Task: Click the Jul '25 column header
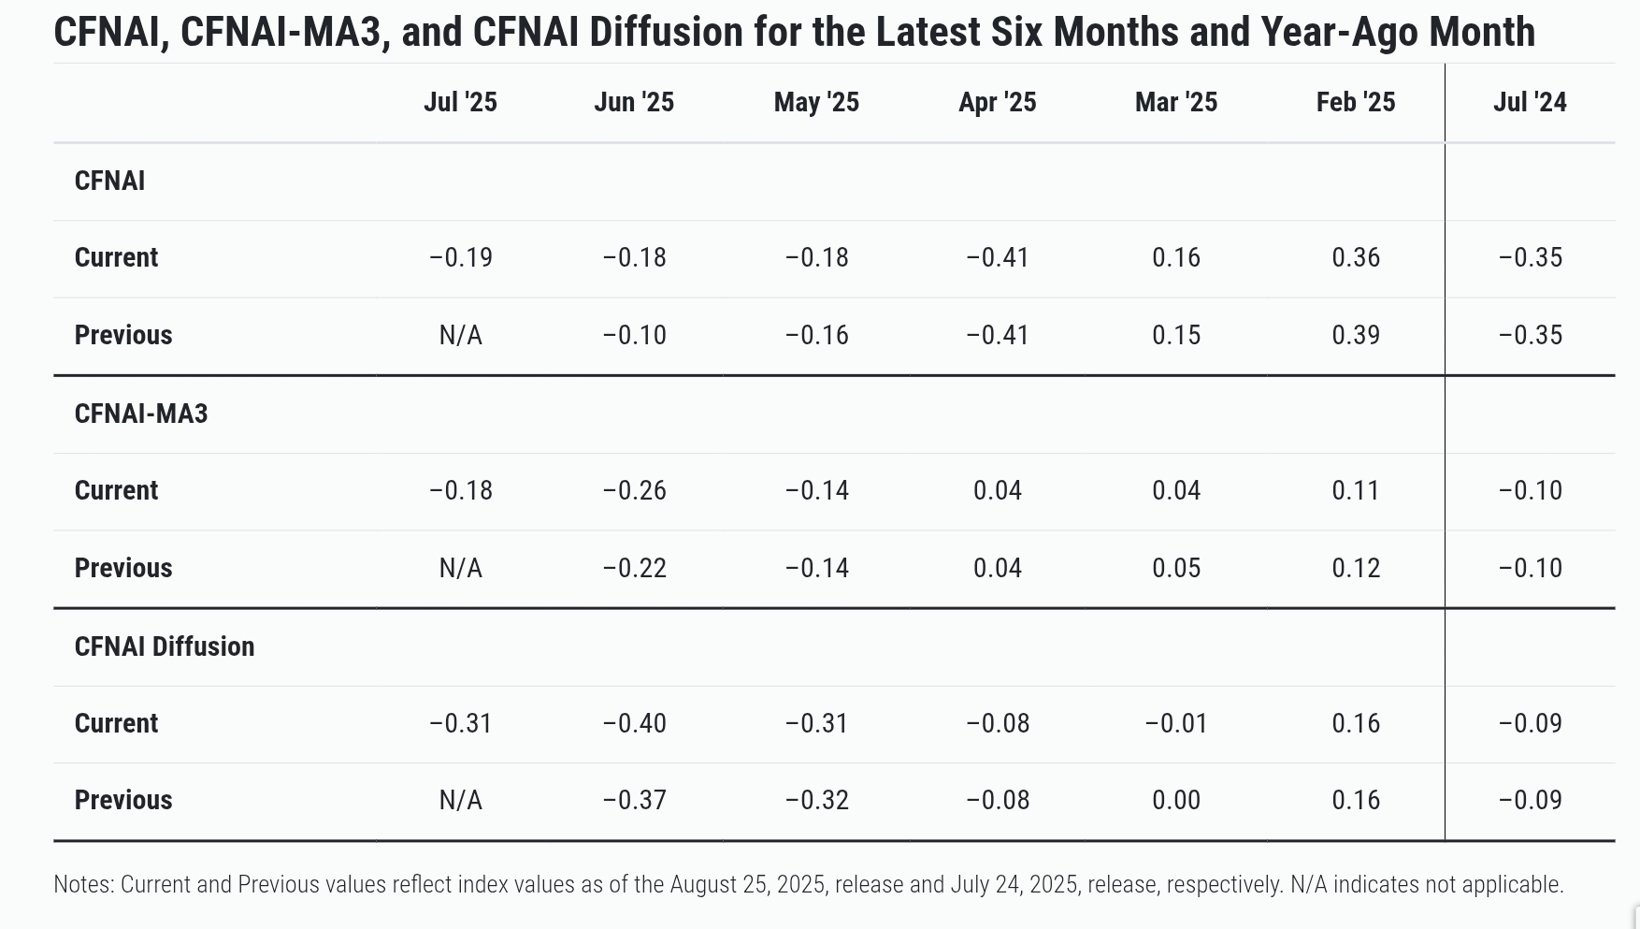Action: point(460,102)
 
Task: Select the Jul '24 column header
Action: point(1530,102)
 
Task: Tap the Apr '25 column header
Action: point(997,102)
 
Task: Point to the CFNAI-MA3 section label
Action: point(141,414)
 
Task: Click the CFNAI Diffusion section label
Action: point(165,646)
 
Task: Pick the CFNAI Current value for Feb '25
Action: point(1356,257)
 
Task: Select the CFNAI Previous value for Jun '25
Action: point(634,335)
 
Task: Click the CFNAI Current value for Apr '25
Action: point(997,257)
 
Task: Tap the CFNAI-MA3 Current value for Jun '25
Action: point(634,490)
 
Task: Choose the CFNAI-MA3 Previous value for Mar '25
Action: point(1176,568)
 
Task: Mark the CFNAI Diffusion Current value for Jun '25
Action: point(634,723)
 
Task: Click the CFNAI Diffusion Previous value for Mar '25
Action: point(1176,800)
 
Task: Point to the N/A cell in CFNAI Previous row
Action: point(460,335)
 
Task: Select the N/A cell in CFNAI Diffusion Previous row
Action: point(460,800)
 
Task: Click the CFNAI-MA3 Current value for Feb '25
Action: point(1356,490)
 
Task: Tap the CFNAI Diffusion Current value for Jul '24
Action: point(1530,723)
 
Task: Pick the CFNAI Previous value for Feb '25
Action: point(1356,335)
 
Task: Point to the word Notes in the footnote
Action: point(83,884)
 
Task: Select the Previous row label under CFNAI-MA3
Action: point(123,568)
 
